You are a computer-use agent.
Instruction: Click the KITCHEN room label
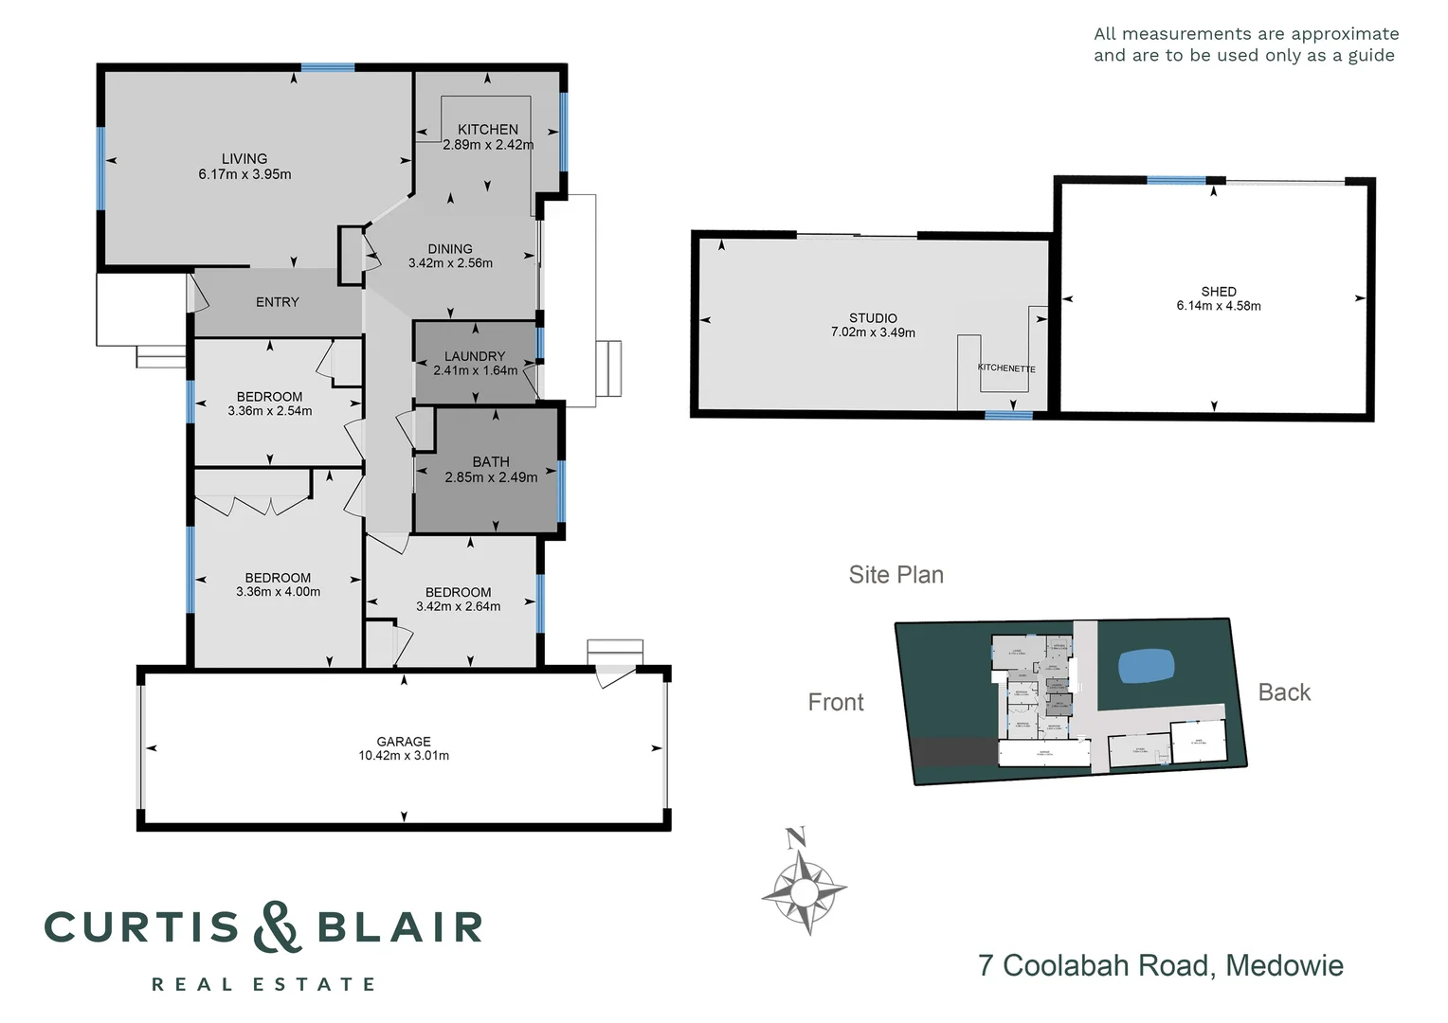(488, 130)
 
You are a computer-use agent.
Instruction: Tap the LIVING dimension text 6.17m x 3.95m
(244, 174)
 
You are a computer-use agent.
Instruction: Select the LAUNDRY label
(475, 356)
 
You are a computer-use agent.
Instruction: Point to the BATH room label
(491, 462)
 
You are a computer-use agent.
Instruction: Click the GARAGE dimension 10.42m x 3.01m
(404, 756)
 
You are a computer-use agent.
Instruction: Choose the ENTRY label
(278, 302)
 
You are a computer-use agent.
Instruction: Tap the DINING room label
(450, 249)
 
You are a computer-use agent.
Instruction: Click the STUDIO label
(873, 318)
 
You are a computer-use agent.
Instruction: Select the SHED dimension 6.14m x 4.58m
(1219, 306)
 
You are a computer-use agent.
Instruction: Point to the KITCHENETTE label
(1006, 368)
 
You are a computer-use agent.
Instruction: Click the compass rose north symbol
(796, 837)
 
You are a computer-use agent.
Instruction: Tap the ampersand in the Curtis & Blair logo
(277, 927)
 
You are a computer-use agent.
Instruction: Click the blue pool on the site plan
(1148, 666)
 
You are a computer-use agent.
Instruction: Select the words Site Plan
(896, 575)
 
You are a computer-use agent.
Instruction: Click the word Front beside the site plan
(836, 702)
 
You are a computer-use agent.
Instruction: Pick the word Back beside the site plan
(1284, 692)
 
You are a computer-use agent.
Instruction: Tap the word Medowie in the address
(1284, 965)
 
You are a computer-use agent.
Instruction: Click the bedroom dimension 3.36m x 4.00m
(278, 592)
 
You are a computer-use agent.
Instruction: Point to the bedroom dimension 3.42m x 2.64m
(458, 606)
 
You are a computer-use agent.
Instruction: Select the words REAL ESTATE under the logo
(264, 985)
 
